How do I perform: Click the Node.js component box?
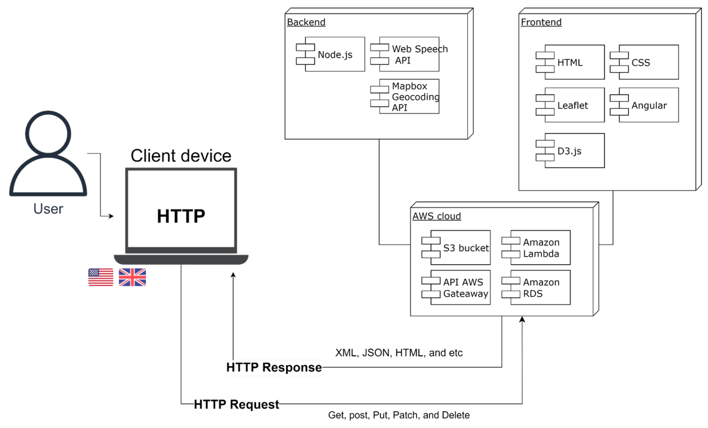[334, 54]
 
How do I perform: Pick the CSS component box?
[648, 62]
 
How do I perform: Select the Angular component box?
[648, 105]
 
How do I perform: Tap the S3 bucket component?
[460, 248]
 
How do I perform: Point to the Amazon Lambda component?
[540, 248]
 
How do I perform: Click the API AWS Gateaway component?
[460, 287]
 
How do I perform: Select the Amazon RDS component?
[540, 287]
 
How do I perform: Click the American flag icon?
[100, 277]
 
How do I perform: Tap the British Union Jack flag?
[132, 277]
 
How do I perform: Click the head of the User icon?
[48, 133]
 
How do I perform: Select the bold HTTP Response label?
[274, 367]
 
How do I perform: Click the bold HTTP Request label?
[236, 404]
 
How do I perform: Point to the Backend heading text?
[306, 22]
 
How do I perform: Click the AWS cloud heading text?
[436, 216]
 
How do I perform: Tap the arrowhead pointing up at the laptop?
[233, 275]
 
